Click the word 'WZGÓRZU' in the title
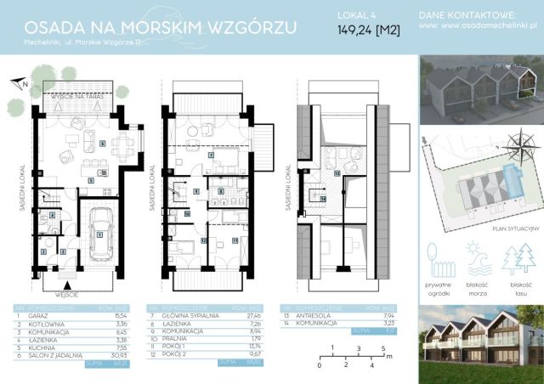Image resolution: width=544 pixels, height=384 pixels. pyautogui.click(x=254, y=27)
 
